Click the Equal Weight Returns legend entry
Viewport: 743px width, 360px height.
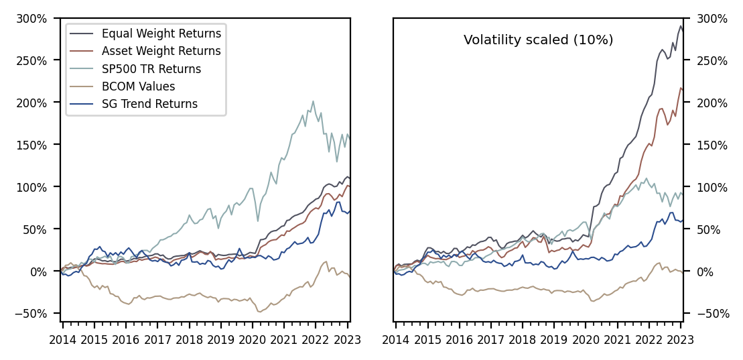161,32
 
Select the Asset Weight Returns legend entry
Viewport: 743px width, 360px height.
161,50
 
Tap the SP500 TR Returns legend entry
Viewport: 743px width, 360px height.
151,68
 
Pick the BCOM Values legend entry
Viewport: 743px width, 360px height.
138,86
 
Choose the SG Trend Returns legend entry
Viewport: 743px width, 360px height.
149,104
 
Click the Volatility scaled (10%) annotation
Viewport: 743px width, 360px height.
538,40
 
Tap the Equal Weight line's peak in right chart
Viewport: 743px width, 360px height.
681,26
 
